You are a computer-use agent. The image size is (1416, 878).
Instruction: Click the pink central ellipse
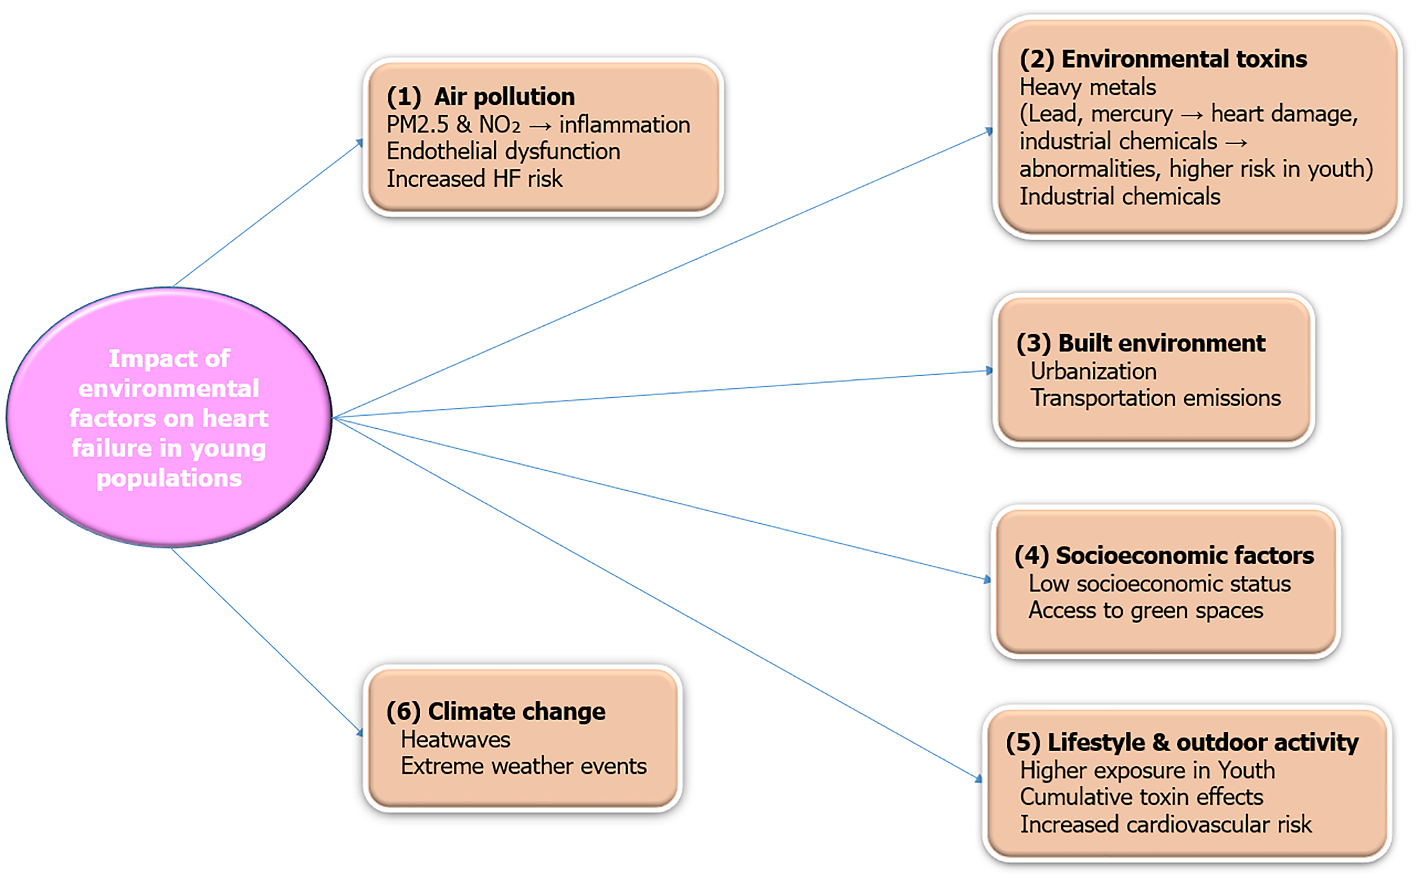click(169, 417)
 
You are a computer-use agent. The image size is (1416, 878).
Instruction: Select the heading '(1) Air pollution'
click(481, 96)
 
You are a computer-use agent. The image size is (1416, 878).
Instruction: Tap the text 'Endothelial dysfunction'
click(503, 151)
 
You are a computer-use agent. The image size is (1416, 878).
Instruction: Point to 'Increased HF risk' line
click(474, 178)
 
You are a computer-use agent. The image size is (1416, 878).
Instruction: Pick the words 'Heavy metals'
click(1088, 87)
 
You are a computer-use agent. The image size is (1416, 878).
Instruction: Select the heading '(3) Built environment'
click(1141, 343)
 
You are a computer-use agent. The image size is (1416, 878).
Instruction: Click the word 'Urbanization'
click(1093, 371)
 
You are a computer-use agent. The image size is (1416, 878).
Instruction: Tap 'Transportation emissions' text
click(1155, 398)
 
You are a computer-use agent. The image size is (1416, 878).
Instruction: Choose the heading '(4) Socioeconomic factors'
click(1164, 556)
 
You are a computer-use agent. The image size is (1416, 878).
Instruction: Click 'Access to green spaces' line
click(1146, 611)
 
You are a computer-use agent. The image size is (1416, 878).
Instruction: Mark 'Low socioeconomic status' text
click(1160, 584)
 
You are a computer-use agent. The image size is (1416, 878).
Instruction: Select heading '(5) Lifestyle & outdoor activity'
click(1182, 742)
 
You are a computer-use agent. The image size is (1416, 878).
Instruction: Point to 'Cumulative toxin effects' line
click(1141, 797)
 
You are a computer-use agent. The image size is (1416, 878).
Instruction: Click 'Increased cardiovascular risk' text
click(1166, 824)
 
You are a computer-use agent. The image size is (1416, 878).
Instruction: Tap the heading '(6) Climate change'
click(496, 711)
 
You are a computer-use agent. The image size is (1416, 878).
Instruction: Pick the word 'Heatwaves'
click(455, 739)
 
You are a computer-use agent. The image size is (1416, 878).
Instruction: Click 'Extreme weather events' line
click(523, 766)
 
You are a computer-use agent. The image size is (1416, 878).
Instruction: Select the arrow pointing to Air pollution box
click(267, 213)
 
